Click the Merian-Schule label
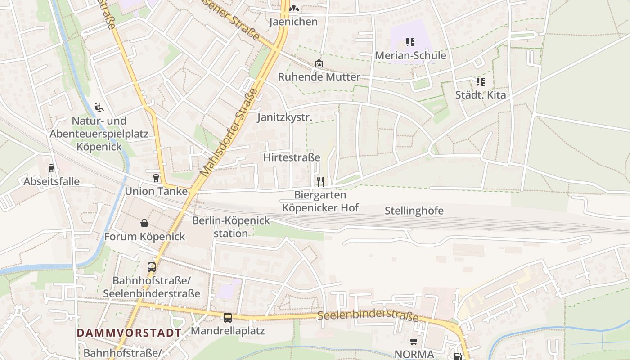(x=411, y=55)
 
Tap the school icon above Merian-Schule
(x=410, y=42)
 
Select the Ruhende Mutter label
(x=319, y=77)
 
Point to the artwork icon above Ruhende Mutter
(x=319, y=63)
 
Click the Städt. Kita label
(x=481, y=95)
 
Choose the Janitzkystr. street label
(x=284, y=117)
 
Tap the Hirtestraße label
(x=292, y=157)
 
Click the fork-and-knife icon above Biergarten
(x=320, y=181)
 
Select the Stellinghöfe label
(x=414, y=211)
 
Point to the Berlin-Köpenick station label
(x=231, y=227)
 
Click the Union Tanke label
(x=156, y=191)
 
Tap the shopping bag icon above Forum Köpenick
(x=144, y=223)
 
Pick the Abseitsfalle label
(x=52, y=181)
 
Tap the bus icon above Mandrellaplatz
(x=228, y=318)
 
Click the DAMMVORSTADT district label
(x=129, y=333)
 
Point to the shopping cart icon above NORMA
(x=414, y=342)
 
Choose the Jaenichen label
(x=293, y=22)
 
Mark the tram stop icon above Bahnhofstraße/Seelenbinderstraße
(x=152, y=267)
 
